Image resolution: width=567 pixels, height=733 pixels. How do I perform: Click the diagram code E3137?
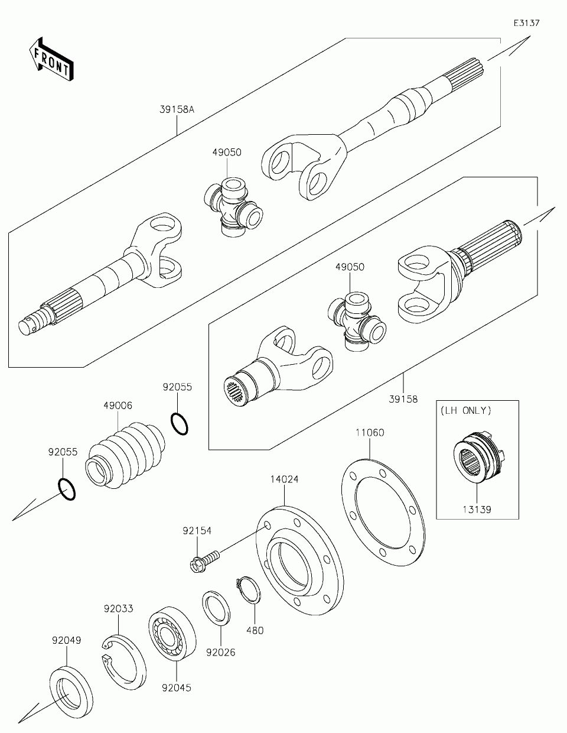click(x=526, y=23)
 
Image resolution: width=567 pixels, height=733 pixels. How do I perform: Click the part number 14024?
click(x=284, y=479)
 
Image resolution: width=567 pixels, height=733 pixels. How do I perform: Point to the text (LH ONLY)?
click(x=465, y=410)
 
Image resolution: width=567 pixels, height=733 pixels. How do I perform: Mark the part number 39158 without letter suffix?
click(x=403, y=399)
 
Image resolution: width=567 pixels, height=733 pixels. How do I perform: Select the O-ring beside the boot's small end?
click(x=180, y=424)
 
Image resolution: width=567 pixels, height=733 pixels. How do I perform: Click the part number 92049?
click(x=66, y=640)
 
